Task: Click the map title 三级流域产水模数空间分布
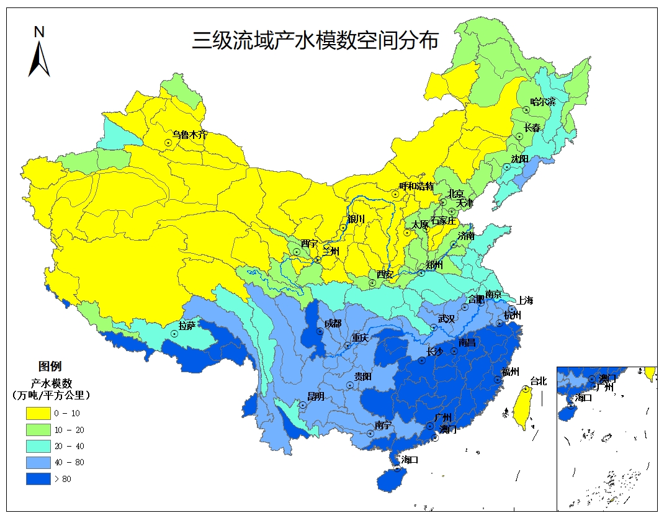[x=315, y=40]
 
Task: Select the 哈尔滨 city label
[x=543, y=101]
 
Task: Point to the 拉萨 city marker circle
[x=174, y=333]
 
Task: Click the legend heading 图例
[x=50, y=366]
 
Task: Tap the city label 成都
[x=333, y=323]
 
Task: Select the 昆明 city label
[x=316, y=396]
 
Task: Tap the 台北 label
[x=538, y=381]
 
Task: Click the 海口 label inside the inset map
[x=583, y=398]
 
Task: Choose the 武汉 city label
[x=447, y=318]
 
